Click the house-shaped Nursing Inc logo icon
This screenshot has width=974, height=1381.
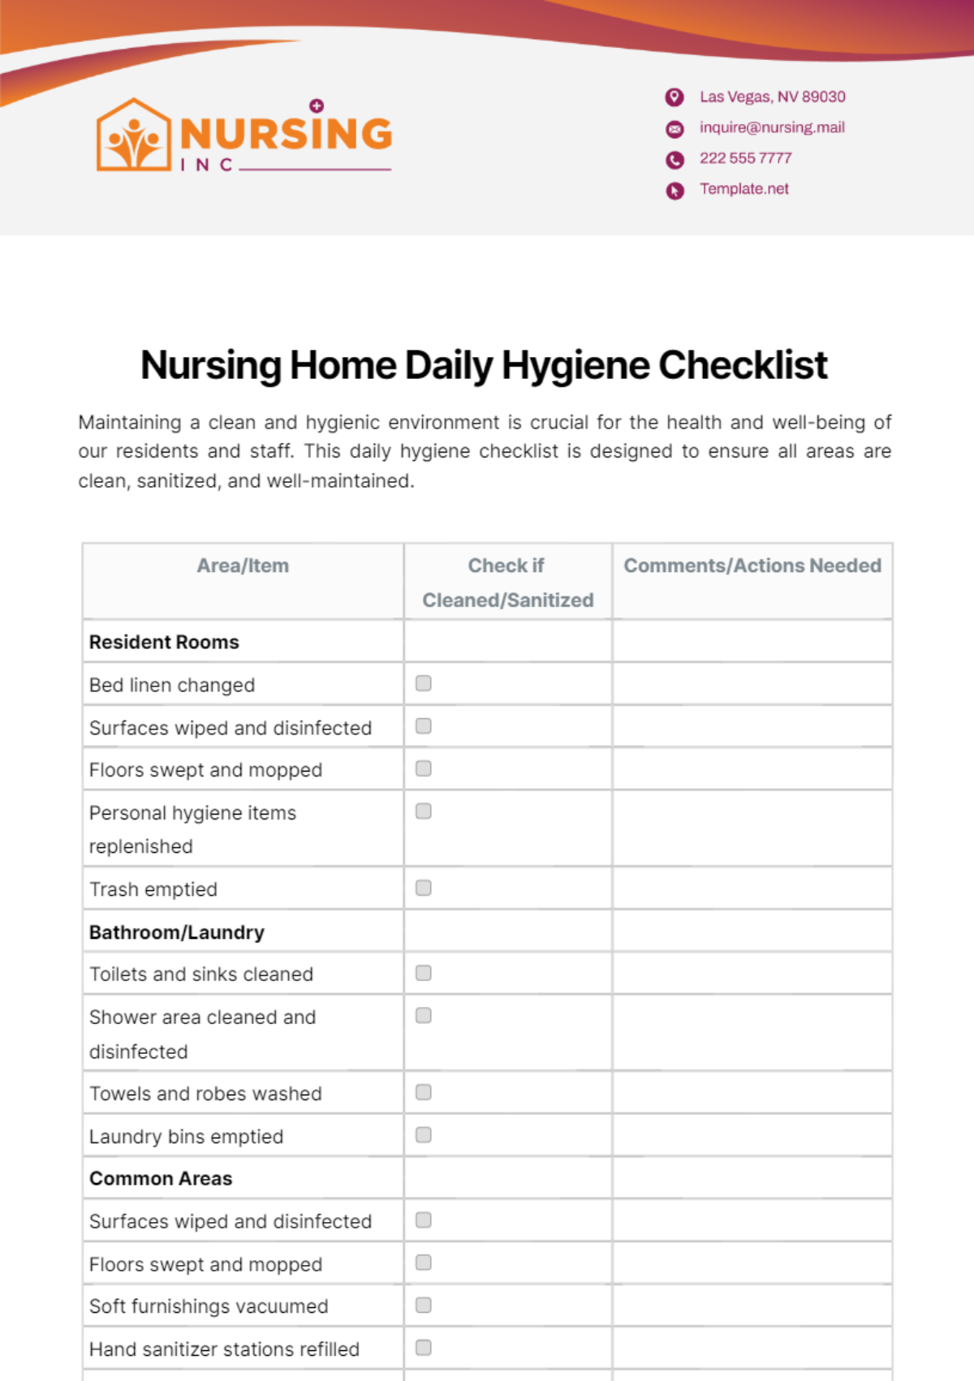134,136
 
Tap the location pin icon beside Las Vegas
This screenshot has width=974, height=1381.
674,97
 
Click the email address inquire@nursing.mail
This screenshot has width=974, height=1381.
772,127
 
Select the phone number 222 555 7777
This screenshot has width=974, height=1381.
745,158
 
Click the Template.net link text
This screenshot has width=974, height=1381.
743,189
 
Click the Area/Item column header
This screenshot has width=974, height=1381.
243,566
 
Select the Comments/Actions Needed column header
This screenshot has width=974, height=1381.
752,566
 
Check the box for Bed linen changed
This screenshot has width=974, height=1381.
424,683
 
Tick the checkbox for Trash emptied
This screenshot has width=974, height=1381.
424,888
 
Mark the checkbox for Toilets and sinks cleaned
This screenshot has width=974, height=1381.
424,973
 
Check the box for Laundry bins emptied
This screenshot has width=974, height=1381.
424,1135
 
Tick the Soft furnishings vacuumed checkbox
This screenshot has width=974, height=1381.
424,1305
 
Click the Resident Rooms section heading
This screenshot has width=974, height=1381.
164,642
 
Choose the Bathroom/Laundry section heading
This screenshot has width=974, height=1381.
177,932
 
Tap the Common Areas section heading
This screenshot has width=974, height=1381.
161,1178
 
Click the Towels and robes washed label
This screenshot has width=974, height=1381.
205,1094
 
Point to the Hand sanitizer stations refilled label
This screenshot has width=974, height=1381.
224,1349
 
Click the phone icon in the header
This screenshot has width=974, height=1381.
674,160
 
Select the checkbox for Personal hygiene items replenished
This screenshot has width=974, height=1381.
424,811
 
